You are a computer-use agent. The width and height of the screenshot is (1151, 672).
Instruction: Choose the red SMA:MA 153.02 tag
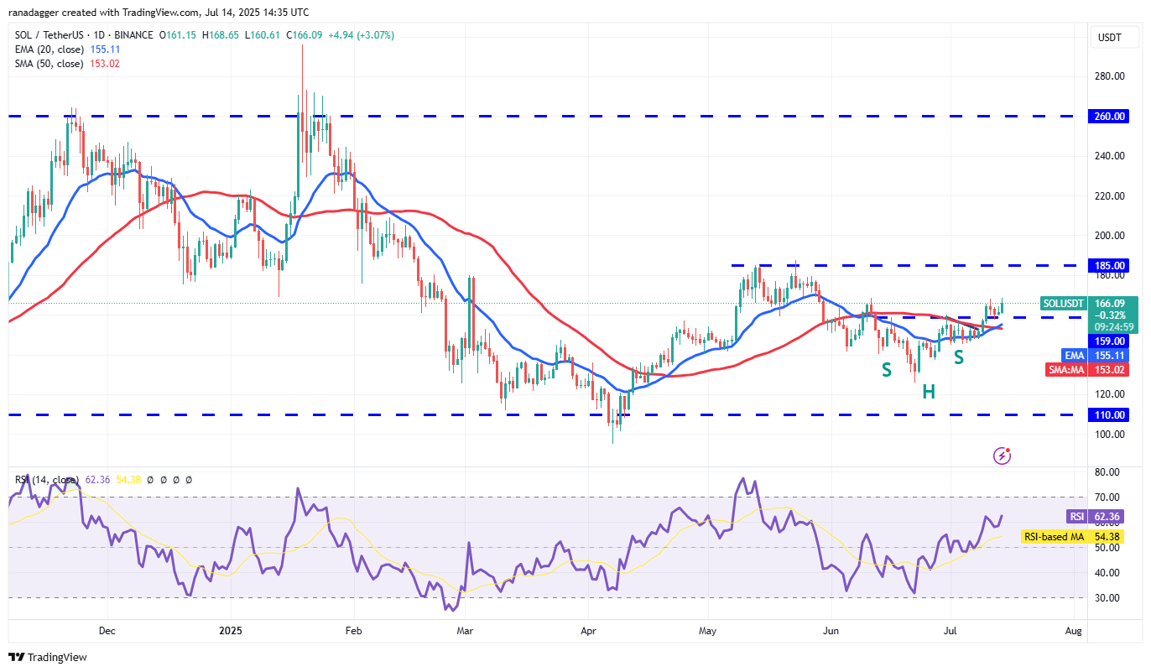[x=1088, y=369]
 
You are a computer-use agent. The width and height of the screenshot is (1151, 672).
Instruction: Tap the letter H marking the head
[x=929, y=391]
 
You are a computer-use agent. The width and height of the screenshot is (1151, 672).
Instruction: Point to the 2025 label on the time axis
[x=230, y=628]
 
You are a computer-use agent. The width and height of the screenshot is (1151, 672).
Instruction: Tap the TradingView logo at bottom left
[x=49, y=658]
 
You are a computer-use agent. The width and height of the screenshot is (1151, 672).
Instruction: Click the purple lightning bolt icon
[x=1002, y=456]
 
